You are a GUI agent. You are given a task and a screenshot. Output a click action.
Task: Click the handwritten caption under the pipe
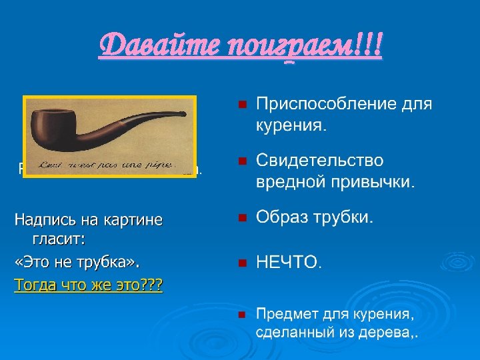pyautogui.click(x=104, y=164)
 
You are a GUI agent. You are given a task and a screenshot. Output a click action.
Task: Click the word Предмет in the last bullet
pyautogui.click(x=289, y=314)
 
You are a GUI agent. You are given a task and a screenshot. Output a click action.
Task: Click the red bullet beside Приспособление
pyautogui.click(x=242, y=105)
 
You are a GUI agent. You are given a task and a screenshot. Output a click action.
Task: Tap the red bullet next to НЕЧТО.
pyautogui.click(x=242, y=263)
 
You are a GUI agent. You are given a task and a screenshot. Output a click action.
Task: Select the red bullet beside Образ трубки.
pyautogui.click(x=242, y=218)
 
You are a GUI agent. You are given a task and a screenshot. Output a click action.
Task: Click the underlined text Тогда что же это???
pyautogui.click(x=89, y=285)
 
